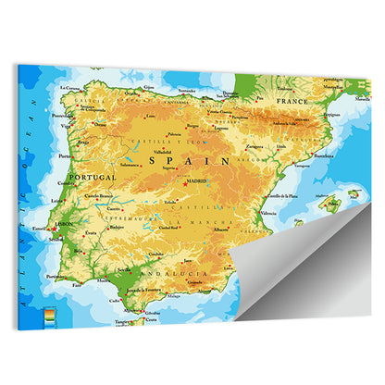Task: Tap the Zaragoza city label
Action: click(255, 145)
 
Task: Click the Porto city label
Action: click(65, 156)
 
